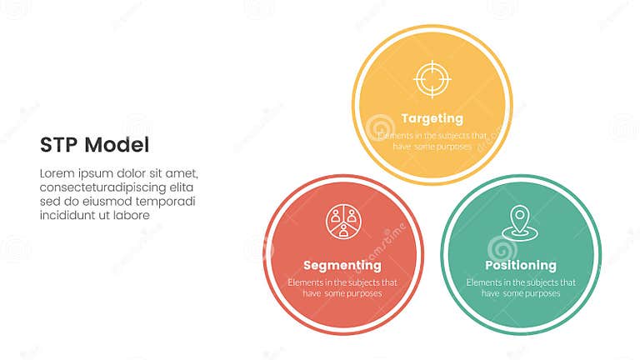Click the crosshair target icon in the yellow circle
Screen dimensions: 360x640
[x=432, y=80]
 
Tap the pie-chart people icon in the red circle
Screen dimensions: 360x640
[x=342, y=221]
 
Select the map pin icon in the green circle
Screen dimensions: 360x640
[x=521, y=222]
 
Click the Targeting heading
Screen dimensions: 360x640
[x=432, y=118]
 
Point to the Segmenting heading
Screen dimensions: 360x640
[x=342, y=266]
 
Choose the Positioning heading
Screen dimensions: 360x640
[x=521, y=266]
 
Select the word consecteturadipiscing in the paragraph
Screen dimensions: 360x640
[x=103, y=187]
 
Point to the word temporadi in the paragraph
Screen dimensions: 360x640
[x=167, y=202]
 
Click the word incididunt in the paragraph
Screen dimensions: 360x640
[x=68, y=216]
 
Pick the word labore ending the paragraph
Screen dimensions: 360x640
[x=133, y=216]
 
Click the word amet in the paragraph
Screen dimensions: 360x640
[x=182, y=173]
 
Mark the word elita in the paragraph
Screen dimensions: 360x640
[x=183, y=187]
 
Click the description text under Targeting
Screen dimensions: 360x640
[x=432, y=140]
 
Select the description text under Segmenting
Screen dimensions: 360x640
[x=342, y=287]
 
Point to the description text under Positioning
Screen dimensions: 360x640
[x=521, y=287]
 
